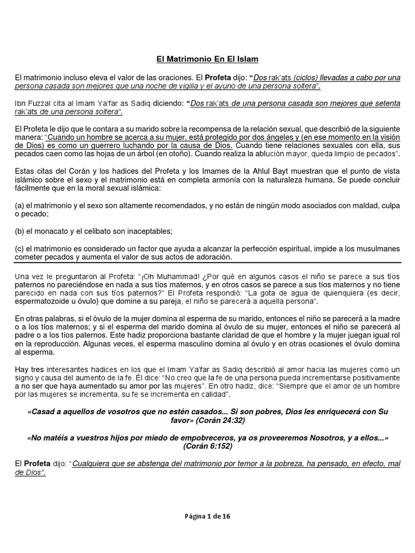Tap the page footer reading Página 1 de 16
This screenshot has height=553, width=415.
pos(207,516)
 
